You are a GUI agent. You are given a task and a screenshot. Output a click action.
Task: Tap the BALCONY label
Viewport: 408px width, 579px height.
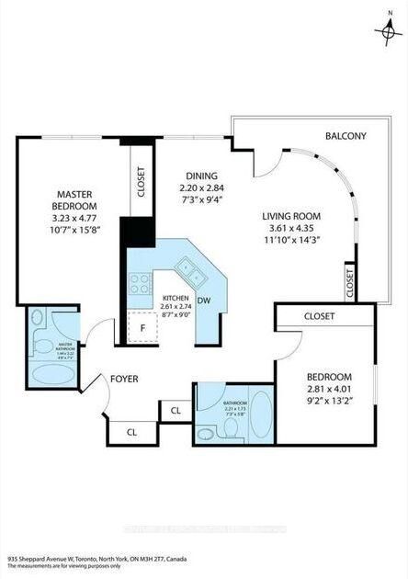coord(346,137)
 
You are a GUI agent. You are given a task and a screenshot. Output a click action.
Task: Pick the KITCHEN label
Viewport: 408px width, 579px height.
coord(176,300)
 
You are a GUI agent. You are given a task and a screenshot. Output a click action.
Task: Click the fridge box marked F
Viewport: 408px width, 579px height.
coord(143,327)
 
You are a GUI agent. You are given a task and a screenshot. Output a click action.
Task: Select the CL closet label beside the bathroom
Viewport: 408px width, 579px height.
coord(174,409)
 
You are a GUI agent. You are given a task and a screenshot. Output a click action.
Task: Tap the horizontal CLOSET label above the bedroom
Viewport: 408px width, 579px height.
coord(319,315)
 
